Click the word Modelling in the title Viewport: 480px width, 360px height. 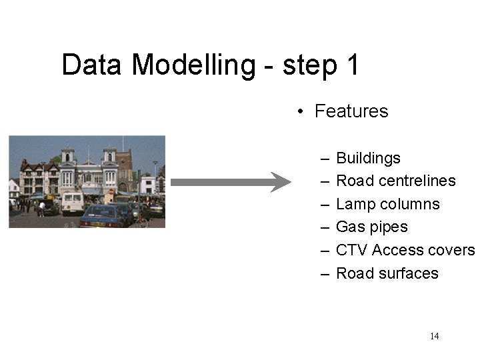[x=193, y=65]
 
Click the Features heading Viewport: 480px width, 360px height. [x=351, y=111]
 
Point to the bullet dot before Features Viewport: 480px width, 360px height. [x=301, y=111]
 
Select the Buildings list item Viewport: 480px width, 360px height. [x=368, y=158]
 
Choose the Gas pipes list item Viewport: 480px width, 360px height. [x=371, y=227]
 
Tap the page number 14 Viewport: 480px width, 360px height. [x=435, y=336]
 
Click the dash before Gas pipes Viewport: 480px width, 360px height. [x=324, y=227]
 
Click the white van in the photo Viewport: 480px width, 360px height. [x=73, y=201]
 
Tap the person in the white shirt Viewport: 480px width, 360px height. [x=41, y=209]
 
